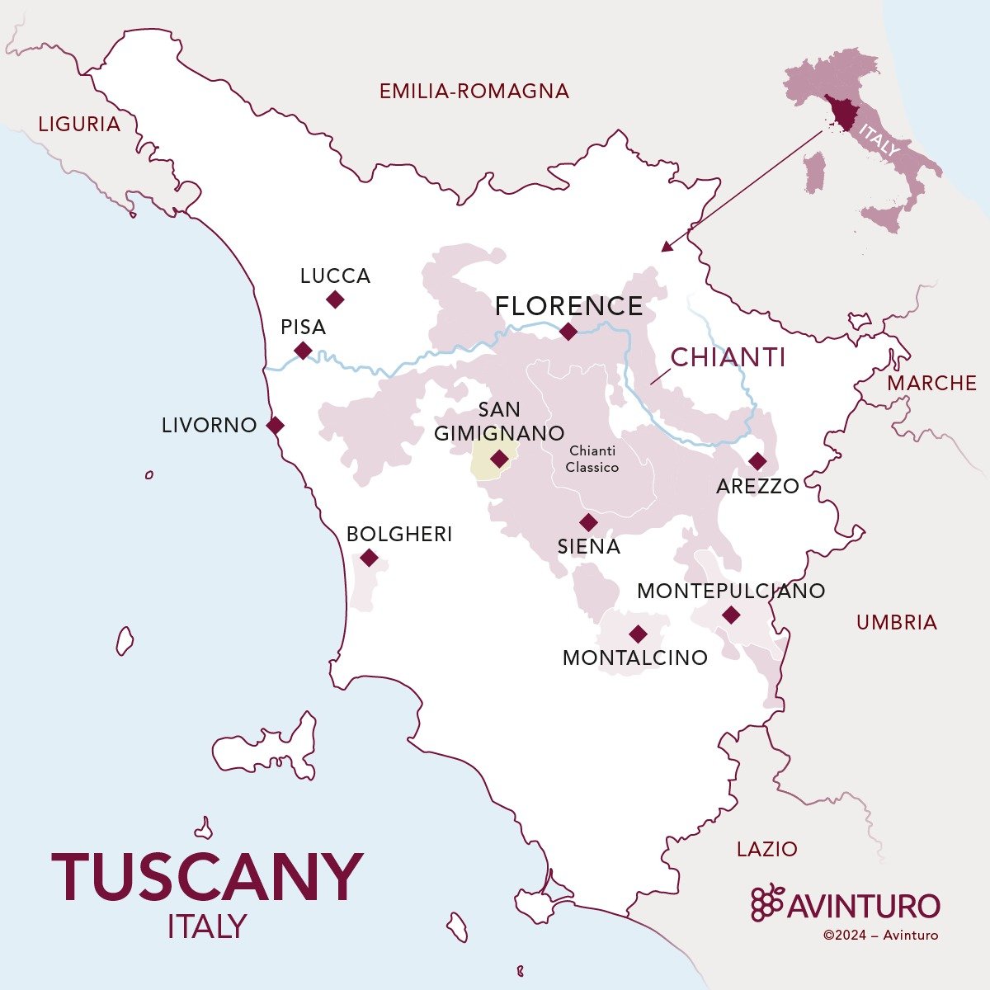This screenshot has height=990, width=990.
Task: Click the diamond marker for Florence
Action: [x=568, y=332]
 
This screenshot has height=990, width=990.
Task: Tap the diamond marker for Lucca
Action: [x=335, y=299]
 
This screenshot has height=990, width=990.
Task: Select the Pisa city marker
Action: [x=304, y=351]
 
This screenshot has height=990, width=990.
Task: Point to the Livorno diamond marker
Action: [x=276, y=426]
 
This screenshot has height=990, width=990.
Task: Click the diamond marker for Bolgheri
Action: [x=370, y=558]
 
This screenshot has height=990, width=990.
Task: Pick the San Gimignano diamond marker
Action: [x=499, y=459]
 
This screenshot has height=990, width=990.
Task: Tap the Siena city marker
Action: [x=588, y=522]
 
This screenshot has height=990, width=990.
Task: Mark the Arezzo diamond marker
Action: [x=757, y=461]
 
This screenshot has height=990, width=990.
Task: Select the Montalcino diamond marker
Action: [x=638, y=634]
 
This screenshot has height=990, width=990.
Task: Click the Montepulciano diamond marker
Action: [x=730, y=615]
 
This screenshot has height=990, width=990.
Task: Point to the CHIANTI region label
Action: [x=728, y=358]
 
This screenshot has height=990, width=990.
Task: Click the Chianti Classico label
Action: [x=592, y=459]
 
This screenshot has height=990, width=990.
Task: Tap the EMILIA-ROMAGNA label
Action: [x=474, y=91]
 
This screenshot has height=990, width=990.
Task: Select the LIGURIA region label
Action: [x=79, y=125]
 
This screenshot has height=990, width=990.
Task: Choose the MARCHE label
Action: [x=932, y=383]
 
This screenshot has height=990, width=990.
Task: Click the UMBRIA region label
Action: [x=897, y=622]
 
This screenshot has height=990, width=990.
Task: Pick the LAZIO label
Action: [x=767, y=848]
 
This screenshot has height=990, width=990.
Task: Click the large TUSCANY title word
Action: [x=207, y=876]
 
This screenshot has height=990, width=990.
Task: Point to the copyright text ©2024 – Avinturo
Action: [x=880, y=935]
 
